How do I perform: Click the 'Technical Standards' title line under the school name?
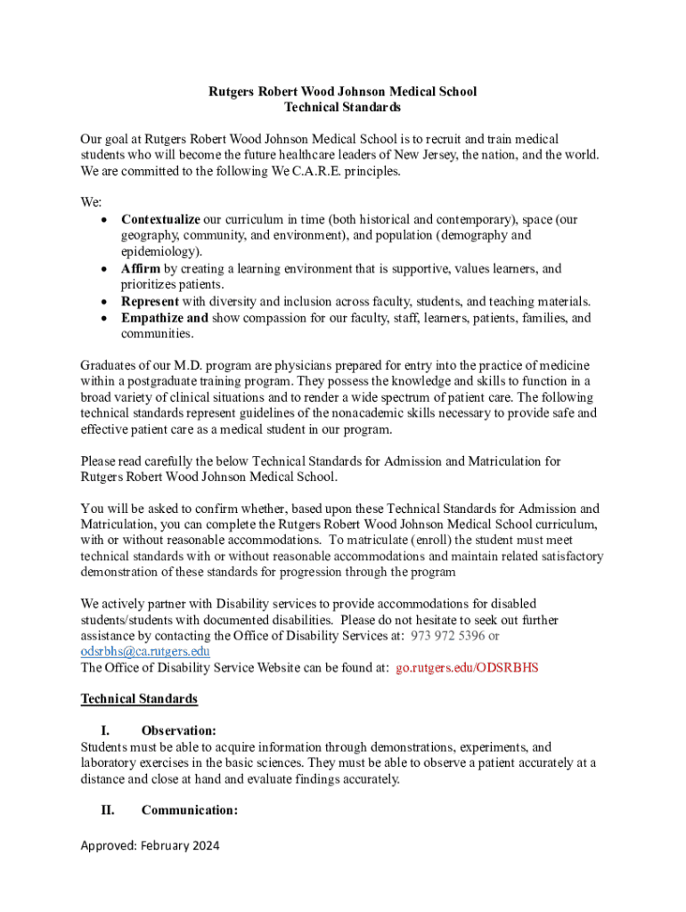(343, 108)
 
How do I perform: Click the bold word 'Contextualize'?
(160, 219)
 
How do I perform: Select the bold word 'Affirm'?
(140, 269)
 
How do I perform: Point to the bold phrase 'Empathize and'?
(164, 318)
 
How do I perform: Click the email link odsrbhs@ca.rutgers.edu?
(145, 651)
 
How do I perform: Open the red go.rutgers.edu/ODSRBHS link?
(467, 667)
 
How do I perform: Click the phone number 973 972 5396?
(447, 635)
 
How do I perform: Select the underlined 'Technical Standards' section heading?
(139, 699)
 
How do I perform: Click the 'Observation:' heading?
(178, 731)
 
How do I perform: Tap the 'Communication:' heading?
(189, 810)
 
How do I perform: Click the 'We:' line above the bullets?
(91, 203)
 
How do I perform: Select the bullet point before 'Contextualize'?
(105, 220)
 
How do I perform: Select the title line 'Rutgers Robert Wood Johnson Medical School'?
(343, 92)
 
